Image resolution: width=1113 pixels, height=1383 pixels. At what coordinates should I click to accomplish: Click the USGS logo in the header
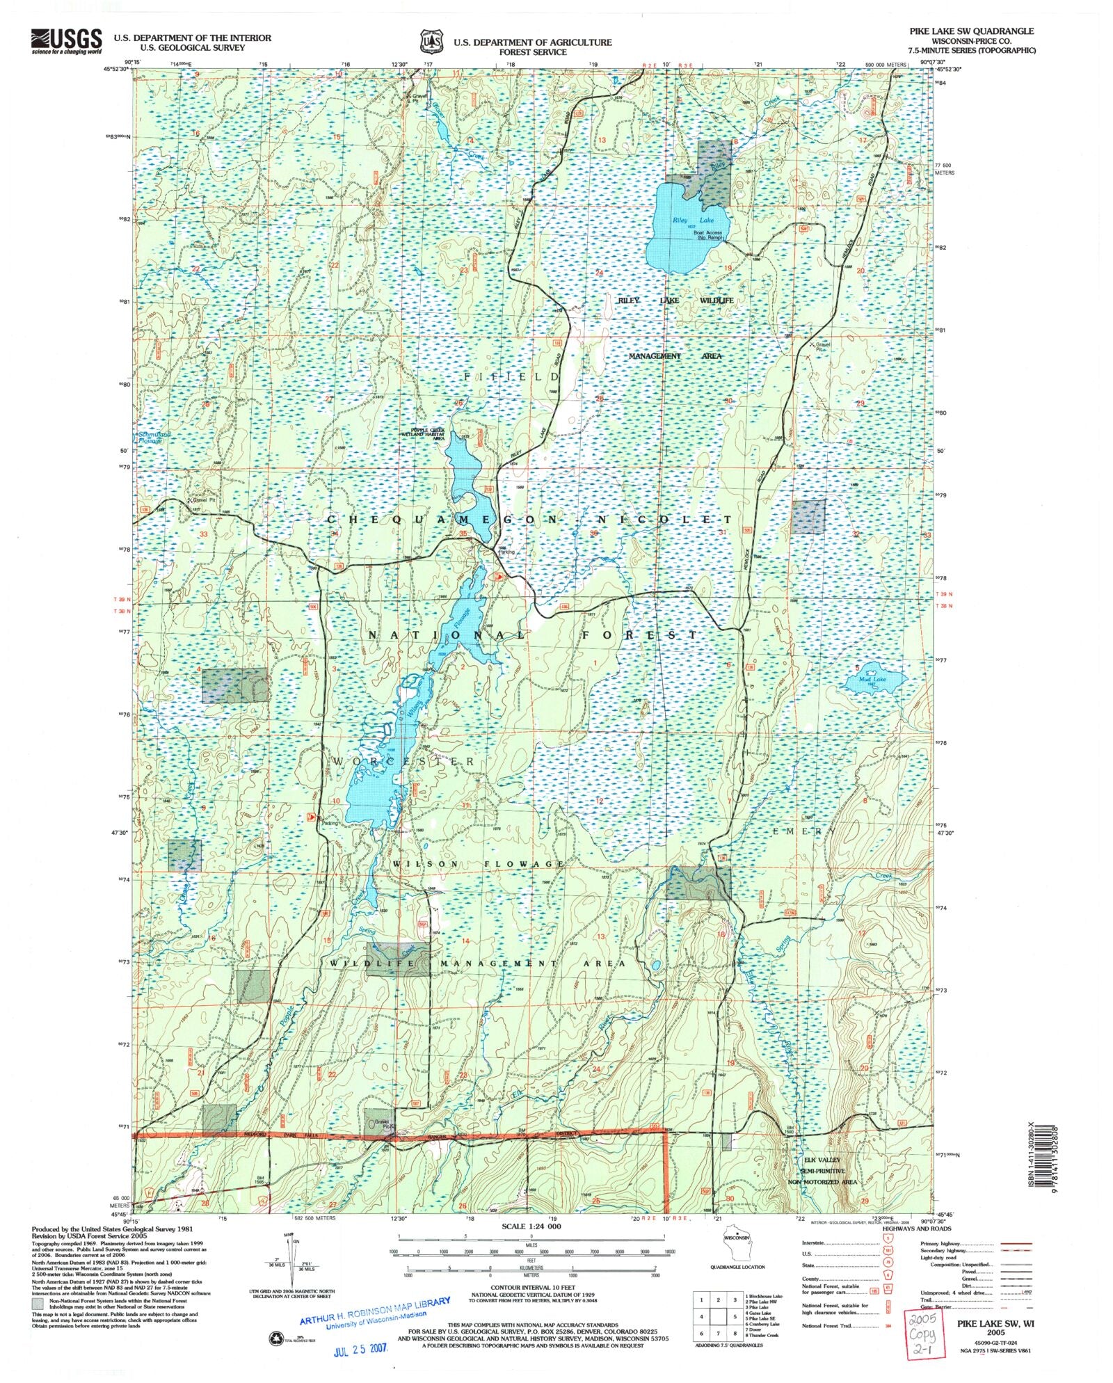point(66,41)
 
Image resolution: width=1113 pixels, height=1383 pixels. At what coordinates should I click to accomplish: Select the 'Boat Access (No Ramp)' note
point(708,235)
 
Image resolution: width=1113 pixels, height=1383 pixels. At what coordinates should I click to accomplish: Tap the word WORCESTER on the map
point(404,762)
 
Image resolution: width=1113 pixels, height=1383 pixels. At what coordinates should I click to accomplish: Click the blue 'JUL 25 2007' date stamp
point(360,1347)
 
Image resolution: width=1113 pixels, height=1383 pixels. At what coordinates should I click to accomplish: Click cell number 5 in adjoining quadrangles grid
point(735,1316)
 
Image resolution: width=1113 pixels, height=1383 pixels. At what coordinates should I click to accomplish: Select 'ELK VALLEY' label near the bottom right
point(822,1160)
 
